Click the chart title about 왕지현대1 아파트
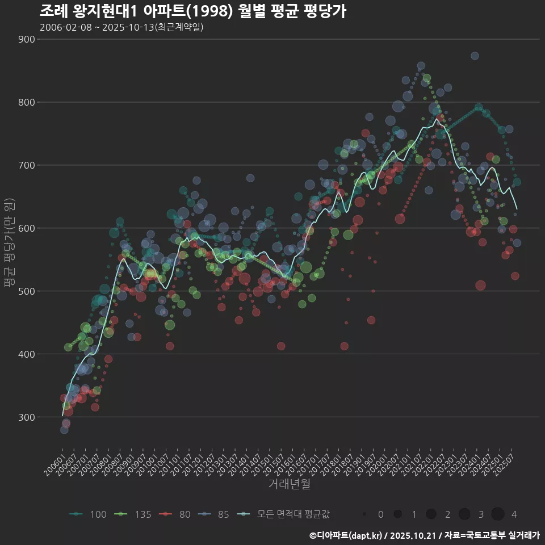[x=193, y=11]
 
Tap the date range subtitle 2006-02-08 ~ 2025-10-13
[x=121, y=27]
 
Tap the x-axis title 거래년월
[x=290, y=484]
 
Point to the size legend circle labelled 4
[x=498, y=514]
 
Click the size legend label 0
[x=380, y=514]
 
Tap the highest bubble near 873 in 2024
[x=475, y=56]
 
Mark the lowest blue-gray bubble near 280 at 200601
[x=64, y=430]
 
